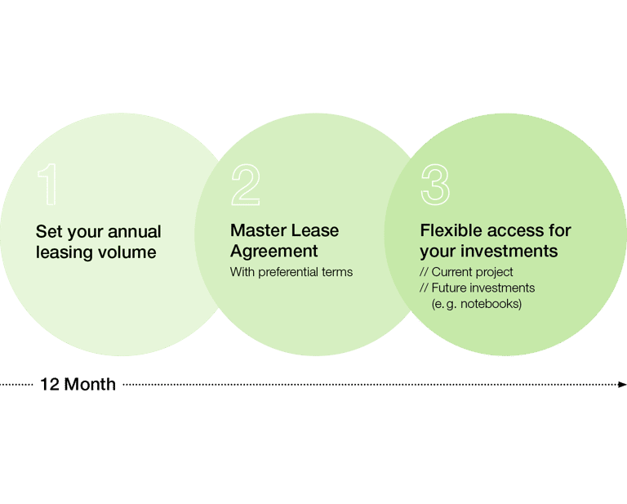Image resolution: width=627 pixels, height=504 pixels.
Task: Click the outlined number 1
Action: pos(48,185)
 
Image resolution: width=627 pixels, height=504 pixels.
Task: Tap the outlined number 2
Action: pos(245,185)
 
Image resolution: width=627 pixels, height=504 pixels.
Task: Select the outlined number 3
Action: pos(435,185)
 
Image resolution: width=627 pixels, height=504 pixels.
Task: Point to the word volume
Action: pos(127,252)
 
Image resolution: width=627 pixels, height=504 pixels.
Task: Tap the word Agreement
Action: pos(273,251)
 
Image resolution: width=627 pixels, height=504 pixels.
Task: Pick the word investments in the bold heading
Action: pos(511,251)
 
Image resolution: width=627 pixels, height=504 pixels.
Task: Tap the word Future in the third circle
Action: pos(450,288)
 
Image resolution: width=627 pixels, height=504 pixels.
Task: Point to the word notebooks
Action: pos(490,304)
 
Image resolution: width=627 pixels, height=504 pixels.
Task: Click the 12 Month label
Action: pos(78,384)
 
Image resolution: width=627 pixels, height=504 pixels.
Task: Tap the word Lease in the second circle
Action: pos(314,230)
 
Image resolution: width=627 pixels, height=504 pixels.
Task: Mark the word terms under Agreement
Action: pos(338,272)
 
